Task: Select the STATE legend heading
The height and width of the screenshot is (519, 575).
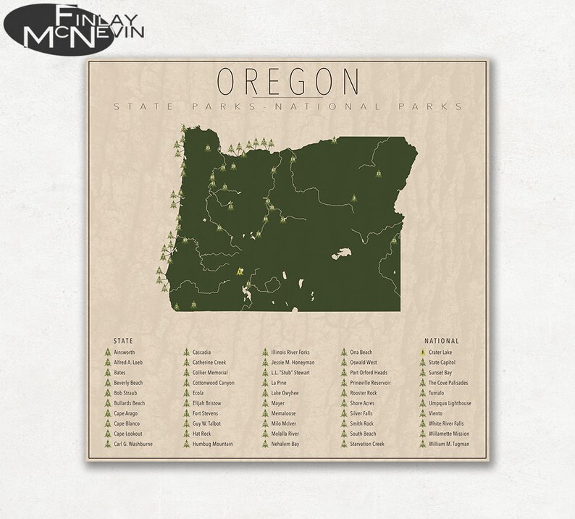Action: coord(122,339)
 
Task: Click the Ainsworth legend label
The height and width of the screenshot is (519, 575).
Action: coord(125,352)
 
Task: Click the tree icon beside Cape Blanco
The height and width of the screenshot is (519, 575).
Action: coord(107,423)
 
